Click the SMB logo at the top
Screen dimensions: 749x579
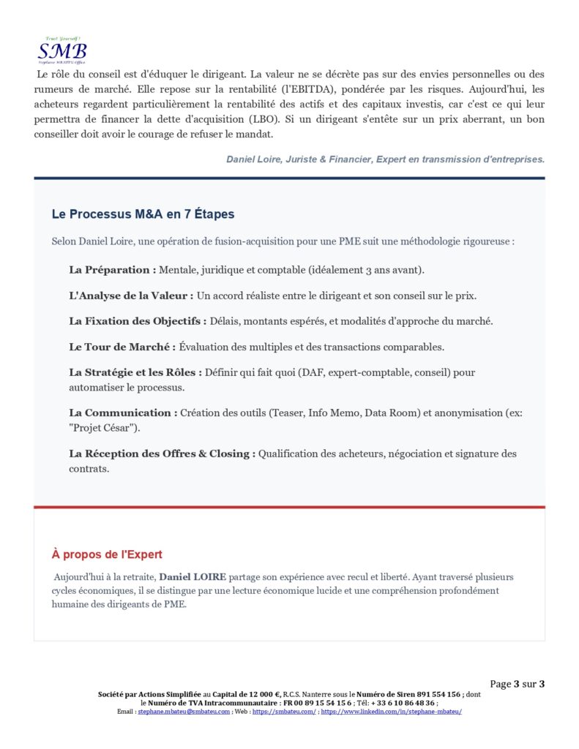click(62, 50)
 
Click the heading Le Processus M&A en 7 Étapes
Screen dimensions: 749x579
click(143, 214)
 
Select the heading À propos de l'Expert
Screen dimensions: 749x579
click(107, 554)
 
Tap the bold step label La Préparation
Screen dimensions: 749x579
click(112, 270)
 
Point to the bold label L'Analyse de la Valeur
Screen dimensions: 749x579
click(131, 296)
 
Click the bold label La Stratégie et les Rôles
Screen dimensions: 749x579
click(135, 372)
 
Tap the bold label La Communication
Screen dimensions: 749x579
click(123, 413)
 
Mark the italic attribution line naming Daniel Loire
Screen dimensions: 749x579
click(385, 159)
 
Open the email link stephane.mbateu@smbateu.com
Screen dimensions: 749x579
click(184, 711)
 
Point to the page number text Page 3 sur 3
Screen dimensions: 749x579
click(517, 684)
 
